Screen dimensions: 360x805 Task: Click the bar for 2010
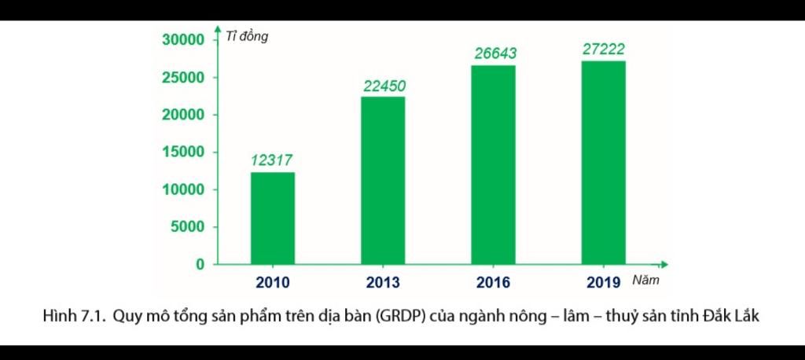pyautogui.click(x=272, y=219)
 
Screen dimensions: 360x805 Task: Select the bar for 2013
pyautogui.click(x=383, y=181)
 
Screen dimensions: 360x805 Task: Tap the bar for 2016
pyautogui.click(x=494, y=165)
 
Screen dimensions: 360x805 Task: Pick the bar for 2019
pyautogui.click(x=604, y=163)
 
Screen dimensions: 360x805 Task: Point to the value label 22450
pyautogui.click(x=384, y=86)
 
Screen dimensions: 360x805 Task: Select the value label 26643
pyautogui.click(x=495, y=53)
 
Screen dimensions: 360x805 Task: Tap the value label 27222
pyautogui.click(x=604, y=50)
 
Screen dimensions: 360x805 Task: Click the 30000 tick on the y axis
pyautogui.click(x=183, y=40)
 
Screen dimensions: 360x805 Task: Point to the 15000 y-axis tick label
pyautogui.click(x=183, y=152)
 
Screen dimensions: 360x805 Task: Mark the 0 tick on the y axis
pyautogui.click(x=200, y=265)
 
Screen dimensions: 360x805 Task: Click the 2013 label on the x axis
pyautogui.click(x=383, y=283)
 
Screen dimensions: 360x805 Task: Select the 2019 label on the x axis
pyautogui.click(x=604, y=283)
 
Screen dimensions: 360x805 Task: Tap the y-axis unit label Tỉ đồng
pyautogui.click(x=246, y=36)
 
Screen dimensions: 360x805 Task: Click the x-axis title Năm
pyautogui.click(x=645, y=281)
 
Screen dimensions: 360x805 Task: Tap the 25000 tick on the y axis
pyautogui.click(x=183, y=78)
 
